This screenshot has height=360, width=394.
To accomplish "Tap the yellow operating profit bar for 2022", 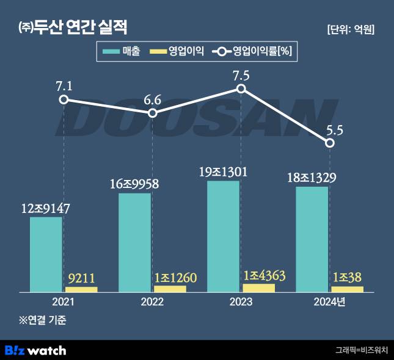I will coord(170,289).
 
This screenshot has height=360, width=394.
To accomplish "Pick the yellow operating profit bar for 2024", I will coord(347,289).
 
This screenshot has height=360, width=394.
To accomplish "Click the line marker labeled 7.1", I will coord(64,99).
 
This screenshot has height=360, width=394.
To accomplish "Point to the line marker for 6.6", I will coord(153,113).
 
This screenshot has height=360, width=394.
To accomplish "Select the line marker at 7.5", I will coord(241,88).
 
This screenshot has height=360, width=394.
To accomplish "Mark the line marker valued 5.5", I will coord(330,143).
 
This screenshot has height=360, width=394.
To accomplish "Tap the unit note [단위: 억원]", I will coord(351,29).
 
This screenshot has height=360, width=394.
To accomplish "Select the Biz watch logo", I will coord(35,350).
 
